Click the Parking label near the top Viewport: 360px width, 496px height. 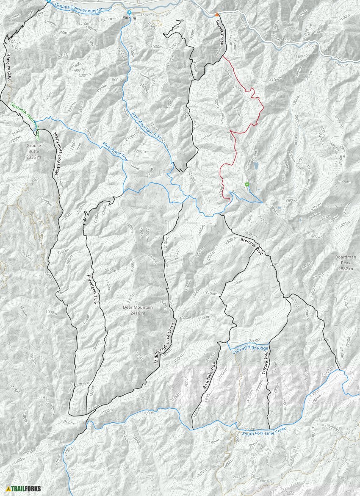[x=129, y=17]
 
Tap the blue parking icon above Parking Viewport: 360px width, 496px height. [x=129, y=12]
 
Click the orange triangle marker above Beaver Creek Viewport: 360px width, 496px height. [x=217, y=14]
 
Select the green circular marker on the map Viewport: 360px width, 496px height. [x=246, y=184]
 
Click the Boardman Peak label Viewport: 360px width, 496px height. [x=346, y=260]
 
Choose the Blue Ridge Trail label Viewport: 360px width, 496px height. [x=115, y=151]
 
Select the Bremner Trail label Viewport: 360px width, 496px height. [x=252, y=247]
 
